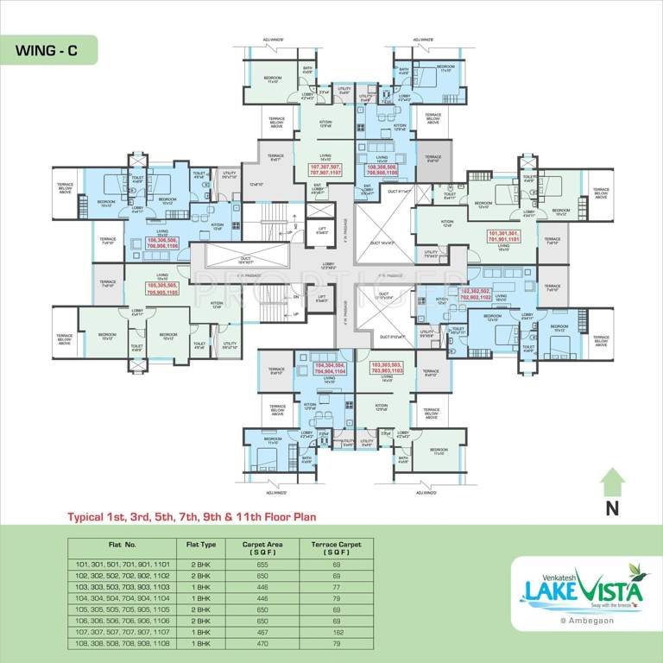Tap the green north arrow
pos(612,480)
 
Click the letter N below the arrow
pos(612,508)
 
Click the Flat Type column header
pos(201,545)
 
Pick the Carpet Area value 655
pos(263,563)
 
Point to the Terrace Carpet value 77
pos(337,585)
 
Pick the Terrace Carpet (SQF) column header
pos(337,547)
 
